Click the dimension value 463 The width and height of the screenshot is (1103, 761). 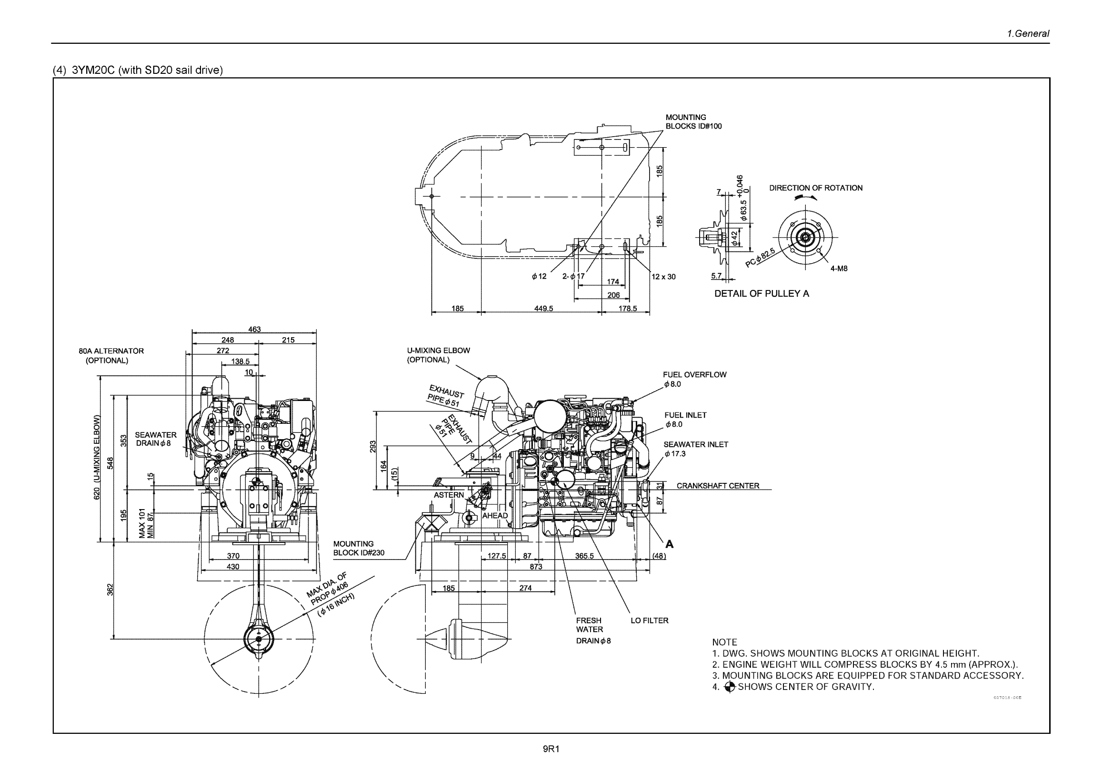tap(254, 330)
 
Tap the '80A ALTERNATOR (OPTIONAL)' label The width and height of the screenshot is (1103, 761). tap(110, 356)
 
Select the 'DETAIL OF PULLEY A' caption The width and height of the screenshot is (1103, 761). tap(761, 294)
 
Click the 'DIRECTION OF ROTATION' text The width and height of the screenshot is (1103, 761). tap(815, 188)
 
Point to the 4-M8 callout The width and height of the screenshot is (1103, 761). tap(839, 269)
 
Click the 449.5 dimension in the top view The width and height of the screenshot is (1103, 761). tap(543, 309)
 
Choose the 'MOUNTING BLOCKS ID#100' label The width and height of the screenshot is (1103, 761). tap(693, 122)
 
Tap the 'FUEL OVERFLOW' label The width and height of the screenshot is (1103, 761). tap(694, 375)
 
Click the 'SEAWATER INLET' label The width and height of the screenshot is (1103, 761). tap(695, 444)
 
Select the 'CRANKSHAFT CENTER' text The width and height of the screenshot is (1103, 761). tap(718, 486)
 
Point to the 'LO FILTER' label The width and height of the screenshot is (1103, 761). tap(649, 621)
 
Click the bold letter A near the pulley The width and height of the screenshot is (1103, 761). tap(669, 544)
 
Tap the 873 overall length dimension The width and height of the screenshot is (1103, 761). tap(535, 566)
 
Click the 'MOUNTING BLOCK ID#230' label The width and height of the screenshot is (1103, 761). tap(358, 548)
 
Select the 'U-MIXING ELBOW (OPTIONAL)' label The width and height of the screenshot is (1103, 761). tap(438, 355)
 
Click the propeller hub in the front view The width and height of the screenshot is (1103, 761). tap(259, 639)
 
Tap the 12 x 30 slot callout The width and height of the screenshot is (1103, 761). tap(663, 277)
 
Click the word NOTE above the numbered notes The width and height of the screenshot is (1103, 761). tap(724, 642)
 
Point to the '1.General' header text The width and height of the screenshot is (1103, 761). tap(1028, 34)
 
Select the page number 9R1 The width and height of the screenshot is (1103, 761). tap(551, 749)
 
